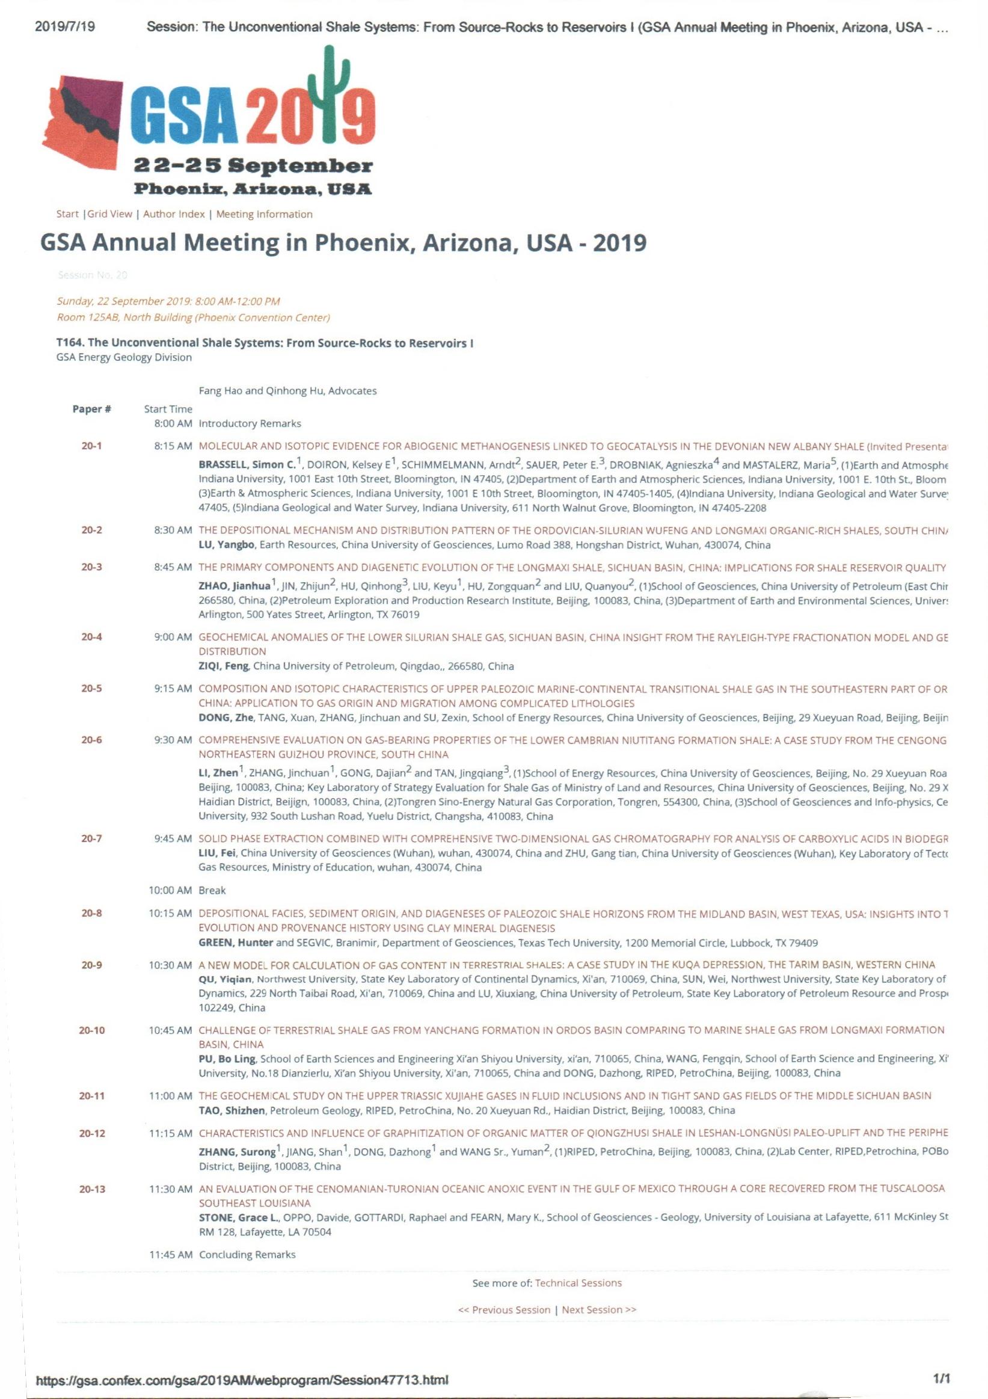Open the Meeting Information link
tap(265, 214)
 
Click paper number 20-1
tap(91, 446)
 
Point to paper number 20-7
tap(91, 838)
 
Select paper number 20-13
tap(91, 1188)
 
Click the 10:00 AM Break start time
tap(171, 890)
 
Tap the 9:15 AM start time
tap(173, 689)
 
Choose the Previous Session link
tap(504, 1309)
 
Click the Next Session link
tap(599, 1309)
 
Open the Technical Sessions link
tap(578, 1283)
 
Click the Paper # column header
tap(91, 409)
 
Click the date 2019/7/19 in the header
tap(66, 27)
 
